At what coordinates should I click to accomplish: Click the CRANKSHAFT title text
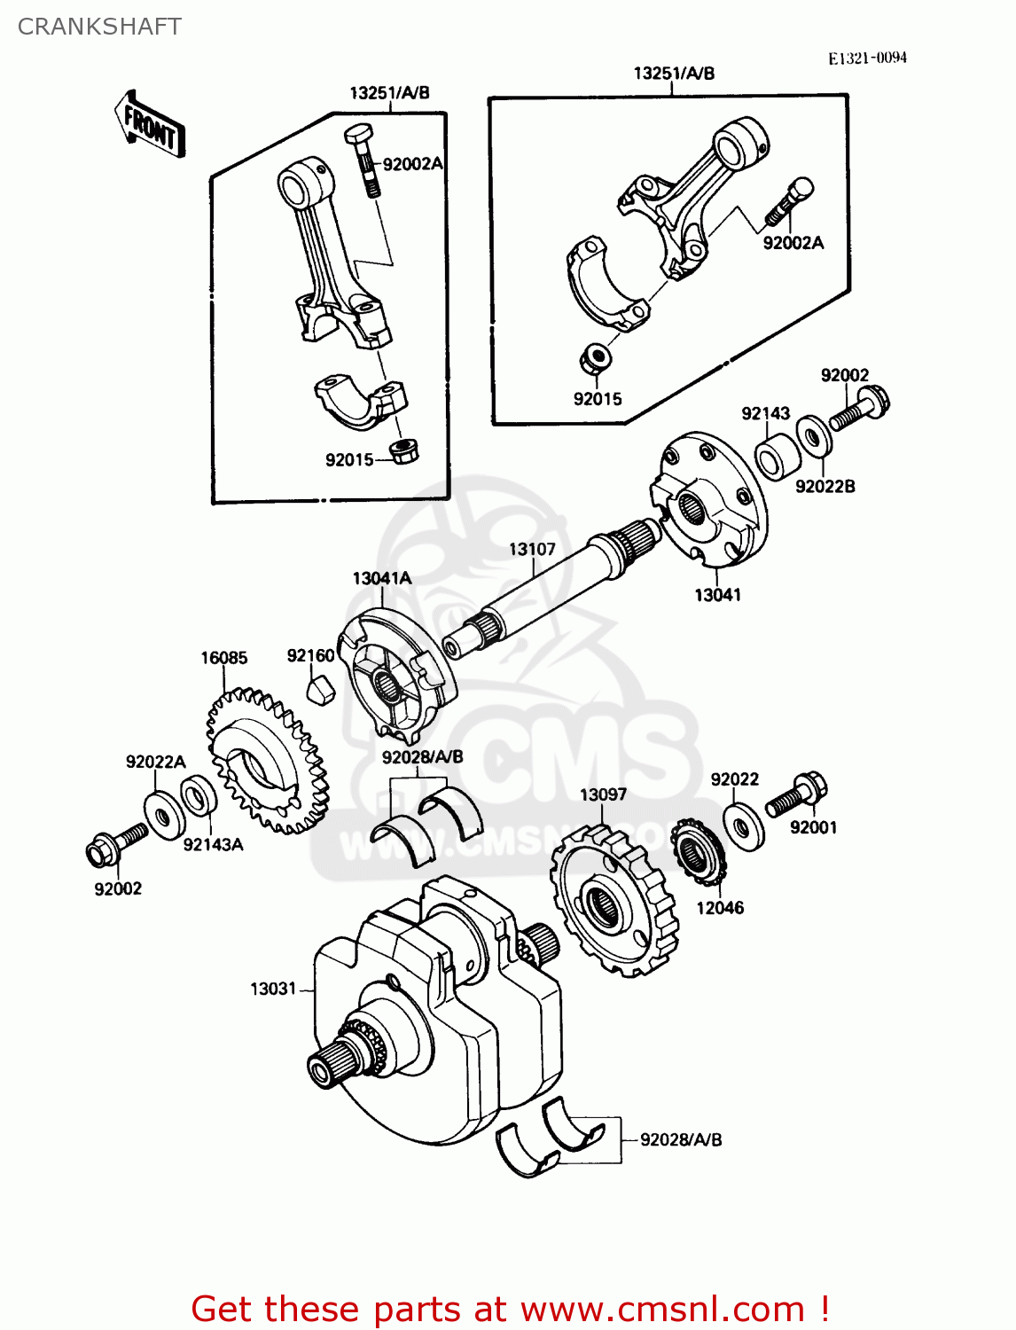coord(99,27)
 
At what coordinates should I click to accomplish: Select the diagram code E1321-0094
coord(867,58)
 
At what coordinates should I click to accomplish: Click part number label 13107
coord(532,550)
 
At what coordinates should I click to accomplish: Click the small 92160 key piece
coord(320,688)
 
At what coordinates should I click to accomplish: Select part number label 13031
coord(273,989)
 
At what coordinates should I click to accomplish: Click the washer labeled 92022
coord(744,825)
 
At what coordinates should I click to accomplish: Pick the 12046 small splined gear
coord(698,852)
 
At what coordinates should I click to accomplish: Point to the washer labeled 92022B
coord(814,436)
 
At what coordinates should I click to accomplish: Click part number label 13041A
coord(382,578)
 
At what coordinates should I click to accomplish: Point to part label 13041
coord(717,595)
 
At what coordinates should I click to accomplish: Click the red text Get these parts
coord(510,1309)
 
